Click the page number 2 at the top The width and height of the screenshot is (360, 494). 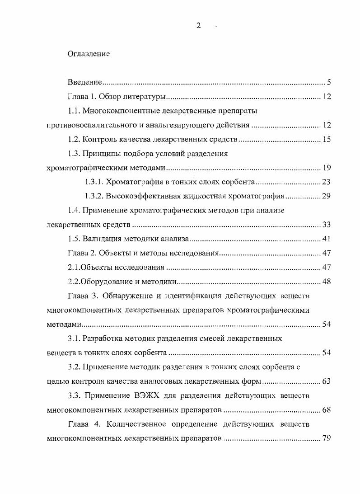198,26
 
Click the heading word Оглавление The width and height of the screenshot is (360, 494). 89,54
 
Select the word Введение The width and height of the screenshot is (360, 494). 84,82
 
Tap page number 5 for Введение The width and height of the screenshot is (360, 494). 329,82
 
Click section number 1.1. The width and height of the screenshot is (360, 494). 74,111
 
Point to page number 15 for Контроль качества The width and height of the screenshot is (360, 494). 327,139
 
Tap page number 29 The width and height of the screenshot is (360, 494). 327,196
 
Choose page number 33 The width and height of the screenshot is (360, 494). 327,225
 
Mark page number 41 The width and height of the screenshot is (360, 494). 327,239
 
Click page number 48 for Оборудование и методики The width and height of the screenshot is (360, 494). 327,282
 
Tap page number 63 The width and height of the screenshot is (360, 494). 327,381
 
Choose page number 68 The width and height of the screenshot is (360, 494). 327,410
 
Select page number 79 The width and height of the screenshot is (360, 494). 327,438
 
